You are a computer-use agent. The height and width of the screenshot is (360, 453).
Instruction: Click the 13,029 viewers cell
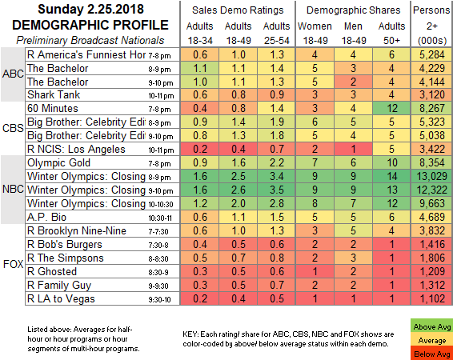click(431, 176)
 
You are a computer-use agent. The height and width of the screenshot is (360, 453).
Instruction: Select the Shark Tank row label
click(54, 94)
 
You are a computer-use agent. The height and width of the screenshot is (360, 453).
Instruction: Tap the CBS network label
click(13, 128)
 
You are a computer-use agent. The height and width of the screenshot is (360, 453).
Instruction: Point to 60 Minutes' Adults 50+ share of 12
click(391, 108)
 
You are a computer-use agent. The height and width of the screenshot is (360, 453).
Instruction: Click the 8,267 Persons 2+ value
click(431, 108)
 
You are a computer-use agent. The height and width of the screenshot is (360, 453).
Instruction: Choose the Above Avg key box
click(431, 327)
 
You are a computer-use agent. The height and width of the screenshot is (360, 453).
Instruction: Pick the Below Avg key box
click(431, 354)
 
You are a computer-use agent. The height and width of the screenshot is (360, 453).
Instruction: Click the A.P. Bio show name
click(46, 217)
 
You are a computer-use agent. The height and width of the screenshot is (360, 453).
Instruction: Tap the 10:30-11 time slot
click(160, 218)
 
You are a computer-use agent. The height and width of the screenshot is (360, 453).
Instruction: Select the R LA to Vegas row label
click(61, 298)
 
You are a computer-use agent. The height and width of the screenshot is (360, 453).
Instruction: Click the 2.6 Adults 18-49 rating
click(239, 190)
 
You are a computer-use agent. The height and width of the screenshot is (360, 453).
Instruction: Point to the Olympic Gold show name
click(58, 163)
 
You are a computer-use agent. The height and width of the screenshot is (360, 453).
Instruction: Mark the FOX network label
click(13, 264)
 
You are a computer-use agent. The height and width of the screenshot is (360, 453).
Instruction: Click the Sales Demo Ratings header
click(238, 10)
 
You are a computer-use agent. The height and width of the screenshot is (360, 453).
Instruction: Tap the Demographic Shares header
click(353, 10)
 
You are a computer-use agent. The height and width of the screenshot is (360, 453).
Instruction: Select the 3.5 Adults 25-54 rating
click(276, 190)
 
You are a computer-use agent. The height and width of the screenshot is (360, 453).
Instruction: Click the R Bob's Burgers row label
click(65, 245)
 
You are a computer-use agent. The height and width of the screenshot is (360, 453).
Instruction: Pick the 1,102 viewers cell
click(431, 298)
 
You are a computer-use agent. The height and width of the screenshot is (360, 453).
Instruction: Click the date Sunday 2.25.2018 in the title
click(90, 10)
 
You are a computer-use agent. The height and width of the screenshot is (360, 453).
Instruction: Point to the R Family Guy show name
click(59, 286)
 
